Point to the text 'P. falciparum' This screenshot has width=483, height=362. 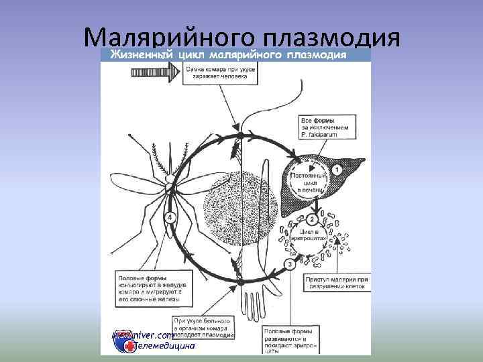(318, 135)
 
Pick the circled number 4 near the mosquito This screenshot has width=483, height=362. (171, 217)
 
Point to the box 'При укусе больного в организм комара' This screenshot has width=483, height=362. (203, 329)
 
